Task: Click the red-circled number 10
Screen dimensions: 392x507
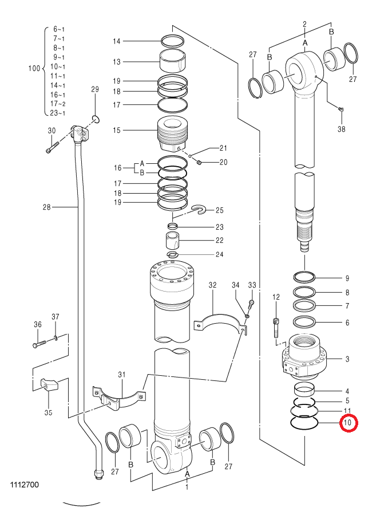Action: (348, 423)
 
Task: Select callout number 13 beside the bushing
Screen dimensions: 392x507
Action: (117, 62)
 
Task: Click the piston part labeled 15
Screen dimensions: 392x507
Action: (172, 133)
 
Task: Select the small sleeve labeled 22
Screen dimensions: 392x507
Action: (173, 241)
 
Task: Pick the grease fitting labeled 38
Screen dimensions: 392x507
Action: (340, 109)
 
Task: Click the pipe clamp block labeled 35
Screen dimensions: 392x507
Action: (49, 384)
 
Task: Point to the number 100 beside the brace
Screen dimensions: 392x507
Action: (34, 68)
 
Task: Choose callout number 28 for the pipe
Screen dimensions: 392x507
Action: (47, 207)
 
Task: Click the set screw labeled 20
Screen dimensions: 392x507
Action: (199, 162)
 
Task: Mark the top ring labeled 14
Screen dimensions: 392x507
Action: (173, 41)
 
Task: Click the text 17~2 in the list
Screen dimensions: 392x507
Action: (58, 104)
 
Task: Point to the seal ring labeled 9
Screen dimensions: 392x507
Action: (304, 277)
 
